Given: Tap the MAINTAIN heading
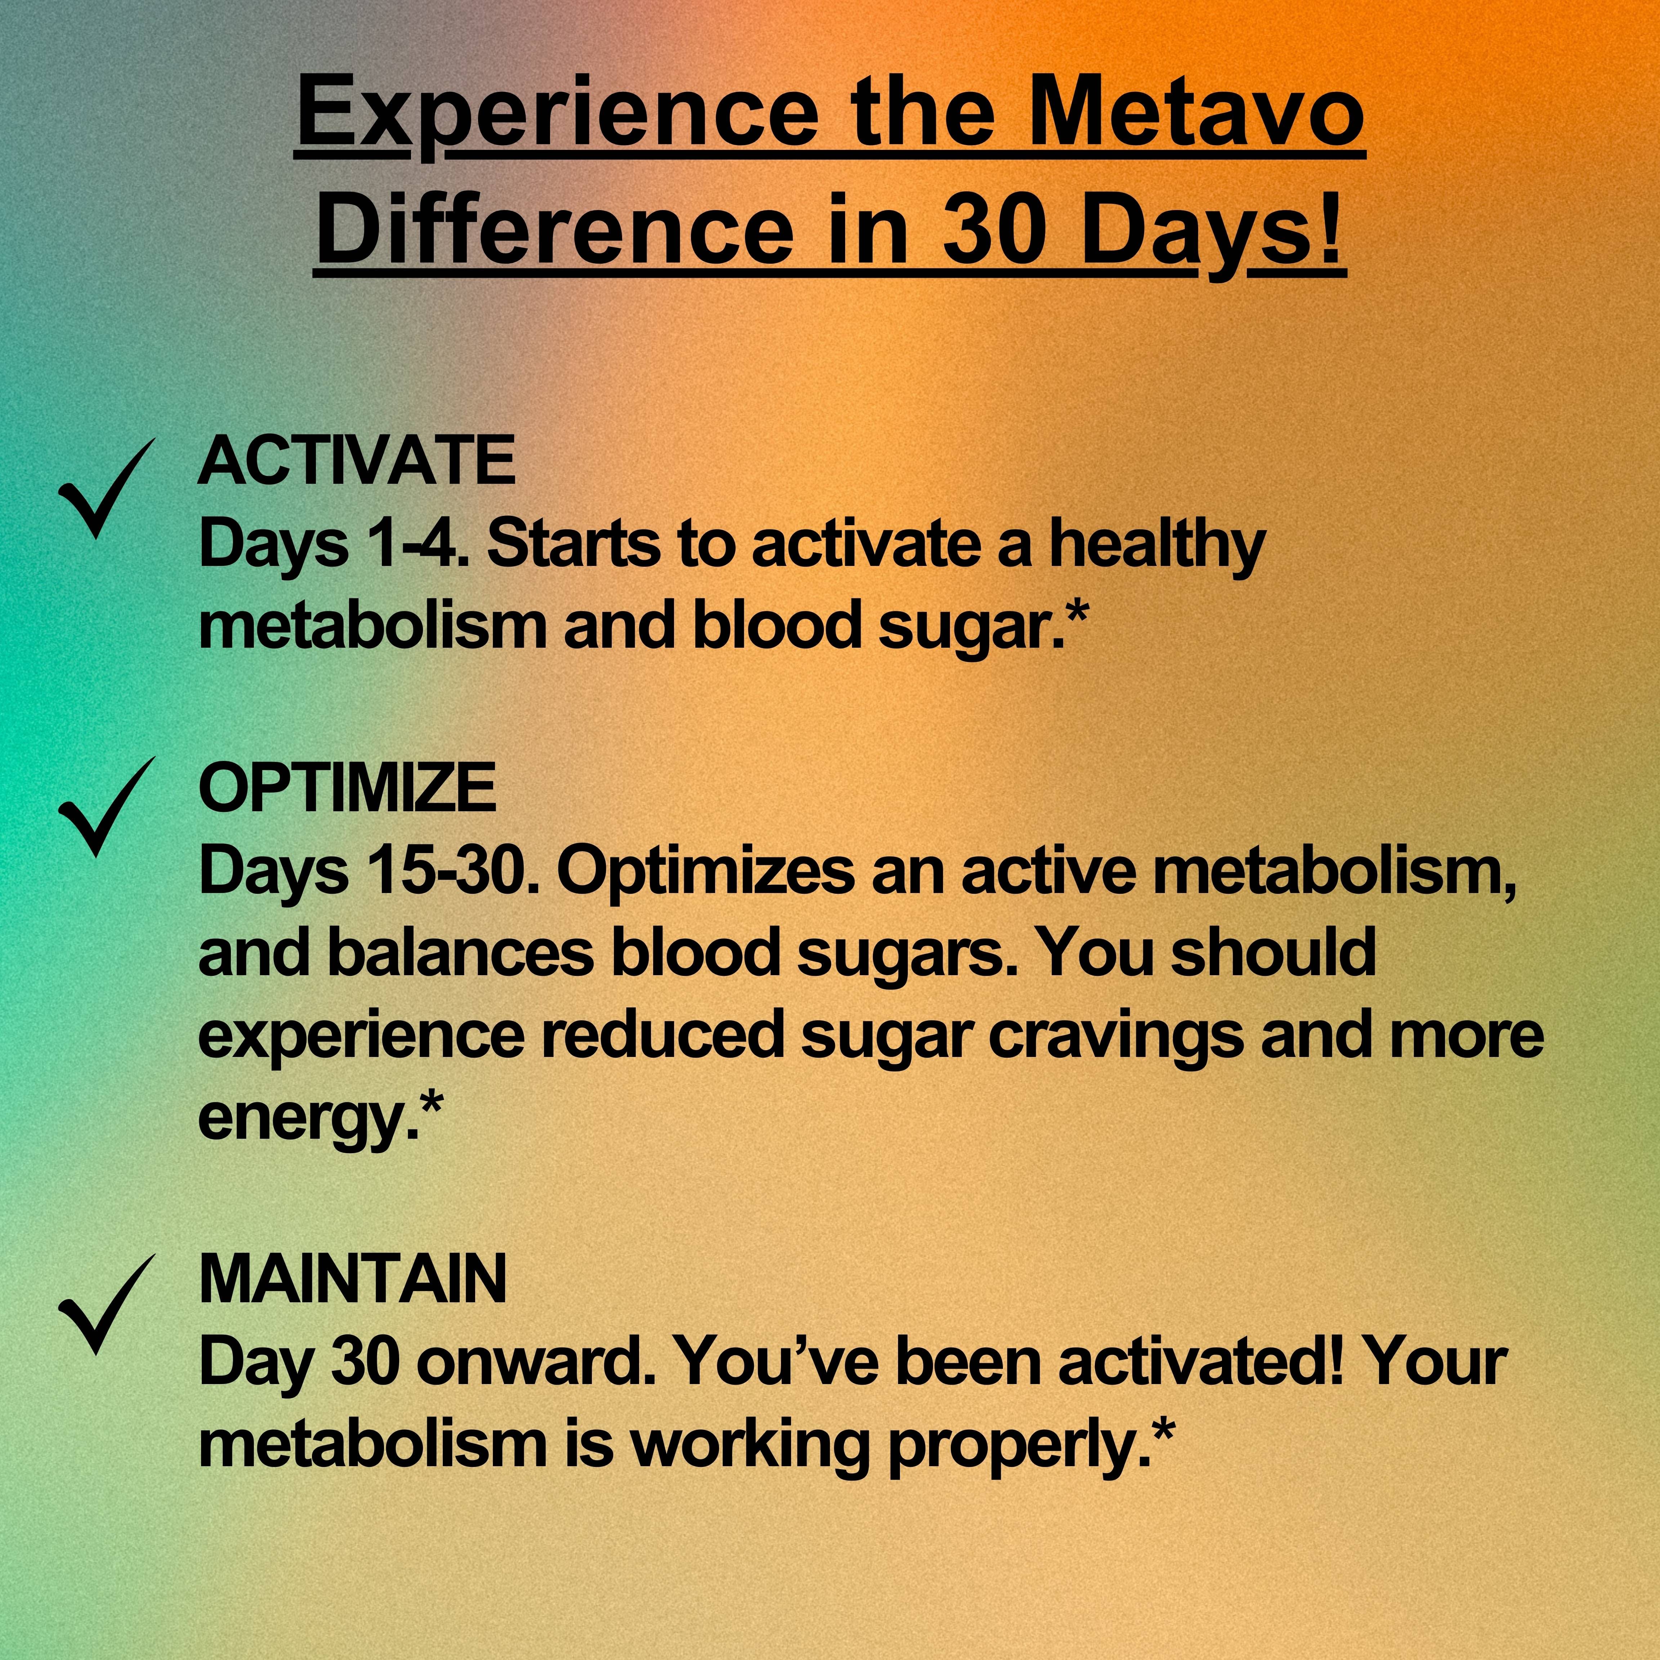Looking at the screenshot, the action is pyautogui.click(x=352, y=1279).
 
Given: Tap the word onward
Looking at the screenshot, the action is pyautogui.click(x=537, y=1361).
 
